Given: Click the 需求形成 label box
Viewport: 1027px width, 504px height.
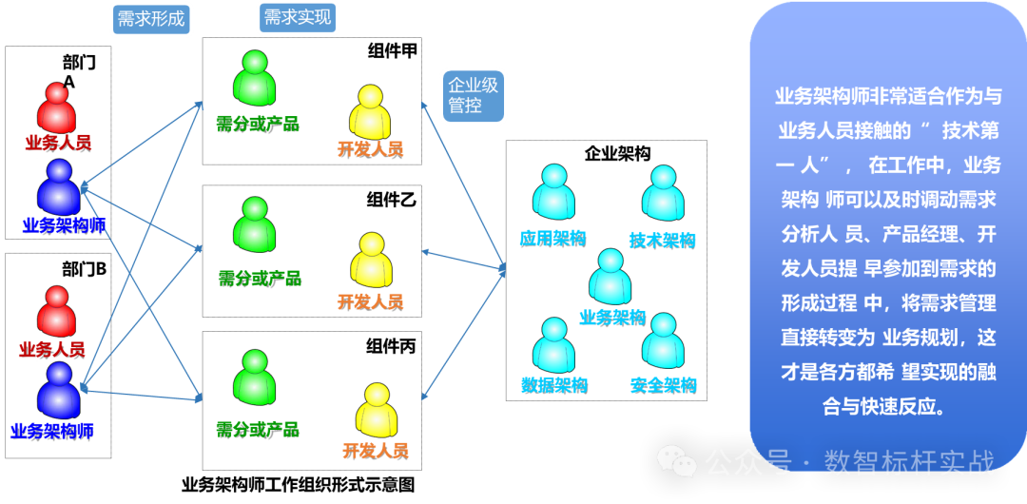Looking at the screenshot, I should pyautogui.click(x=151, y=19).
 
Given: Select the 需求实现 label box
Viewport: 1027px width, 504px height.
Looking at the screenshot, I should pyautogui.click(x=298, y=17).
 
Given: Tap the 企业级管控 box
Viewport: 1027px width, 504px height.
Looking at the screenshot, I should pyautogui.click(x=473, y=95).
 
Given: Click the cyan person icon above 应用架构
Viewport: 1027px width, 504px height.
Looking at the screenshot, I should pyautogui.click(x=552, y=193).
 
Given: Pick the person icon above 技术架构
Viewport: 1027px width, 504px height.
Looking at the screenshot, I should pyautogui.click(x=662, y=193).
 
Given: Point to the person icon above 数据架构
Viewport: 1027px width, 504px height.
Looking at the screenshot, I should pyautogui.click(x=552, y=344).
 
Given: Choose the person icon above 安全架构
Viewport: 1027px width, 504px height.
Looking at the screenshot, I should pyautogui.click(x=662, y=340).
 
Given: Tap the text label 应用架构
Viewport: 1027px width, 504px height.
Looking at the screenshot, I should pyautogui.click(x=552, y=238).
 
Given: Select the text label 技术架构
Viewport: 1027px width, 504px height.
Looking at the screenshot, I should pyautogui.click(x=662, y=241).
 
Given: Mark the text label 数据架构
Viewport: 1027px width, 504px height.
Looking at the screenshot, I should pyautogui.click(x=553, y=385).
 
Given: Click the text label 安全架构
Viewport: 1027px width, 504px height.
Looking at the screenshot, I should pyautogui.click(x=663, y=385).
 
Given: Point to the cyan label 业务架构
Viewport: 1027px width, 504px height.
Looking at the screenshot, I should pyautogui.click(x=612, y=318).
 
